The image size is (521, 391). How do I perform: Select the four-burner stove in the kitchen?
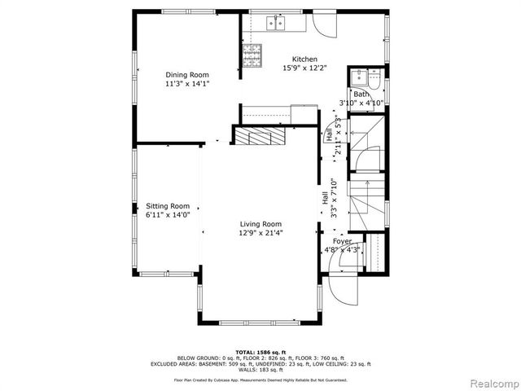click(x=252, y=55)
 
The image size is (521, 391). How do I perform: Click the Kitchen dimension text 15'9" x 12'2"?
click(x=304, y=68)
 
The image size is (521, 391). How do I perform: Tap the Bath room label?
click(x=361, y=94)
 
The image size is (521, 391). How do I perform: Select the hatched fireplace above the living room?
click(x=261, y=136)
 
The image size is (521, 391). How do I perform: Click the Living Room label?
click(x=260, y=224)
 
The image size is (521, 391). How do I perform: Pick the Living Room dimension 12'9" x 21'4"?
click(x=260, y=233)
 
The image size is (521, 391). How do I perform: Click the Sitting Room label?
click(x=168, y=206)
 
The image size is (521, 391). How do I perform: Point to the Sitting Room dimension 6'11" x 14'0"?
click(x=168, y=215)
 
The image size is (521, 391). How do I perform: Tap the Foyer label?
click(x=341, y=241)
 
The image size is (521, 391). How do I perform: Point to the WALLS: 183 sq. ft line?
click(x=260, y=369)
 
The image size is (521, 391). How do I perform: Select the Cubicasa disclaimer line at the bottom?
click(x=260, y=380)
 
